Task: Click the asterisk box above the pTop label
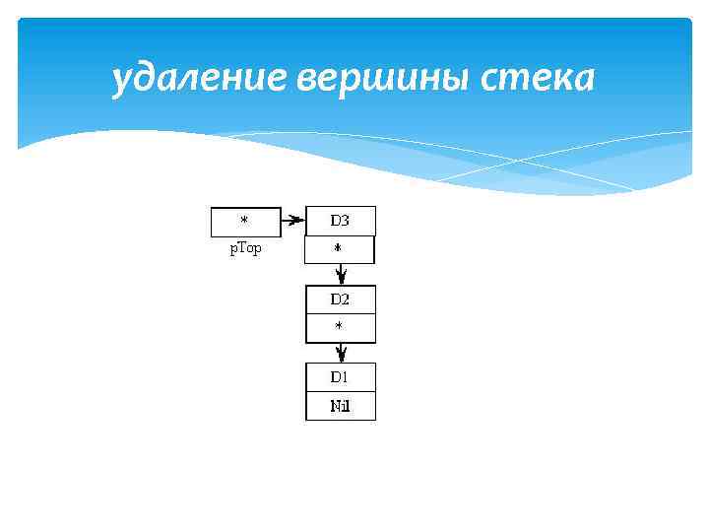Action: pyautogui.click(x=245, y=222)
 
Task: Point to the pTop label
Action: pyautogui.click(x=245, y=249)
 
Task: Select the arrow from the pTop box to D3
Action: pyautogui.click(x=292, y=222)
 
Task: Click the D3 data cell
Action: pyautogui.click(x=340, y=222)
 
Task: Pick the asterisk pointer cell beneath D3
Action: pyautogui.click(x=340, y=250)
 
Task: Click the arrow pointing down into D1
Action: pyautogui.click(x=341, y=353)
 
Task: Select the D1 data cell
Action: pyautogui.click(x=340, y=377)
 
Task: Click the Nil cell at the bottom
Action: pyautogui.click(x=340, y=406)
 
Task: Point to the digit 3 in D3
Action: pyautogui.click(x=346, y=222)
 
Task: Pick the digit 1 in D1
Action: pyautogui.click(x=346, y=377)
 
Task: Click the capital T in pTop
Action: pyautogui.click(x=240, y=249)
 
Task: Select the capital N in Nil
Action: pyautogui.click(x=335, y=406)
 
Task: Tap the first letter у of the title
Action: pyautogui.click(x=120, y=81)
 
